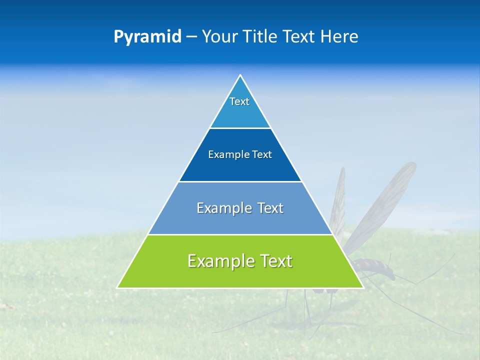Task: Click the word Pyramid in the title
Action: click(147, 37)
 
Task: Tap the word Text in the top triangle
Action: click(239, 101)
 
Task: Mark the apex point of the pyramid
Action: click(240, 75)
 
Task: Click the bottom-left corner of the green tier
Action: click(118, 287)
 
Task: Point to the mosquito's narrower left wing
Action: click(339, 200)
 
